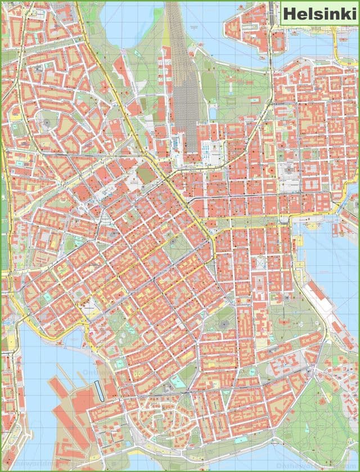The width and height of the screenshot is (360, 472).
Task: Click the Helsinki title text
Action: (318, 13)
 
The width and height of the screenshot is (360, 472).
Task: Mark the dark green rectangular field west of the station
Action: (146, 174)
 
